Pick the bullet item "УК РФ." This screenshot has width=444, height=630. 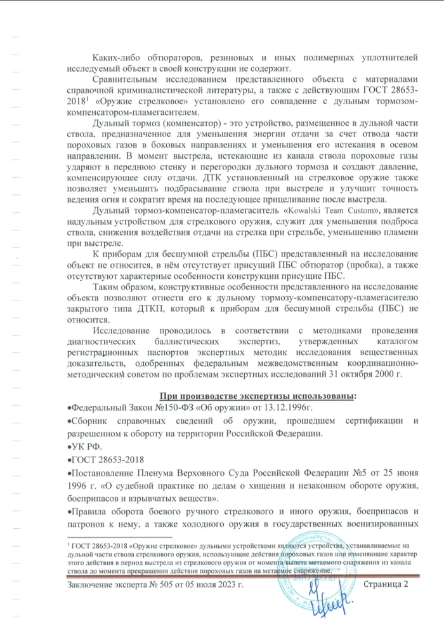point(81,447)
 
